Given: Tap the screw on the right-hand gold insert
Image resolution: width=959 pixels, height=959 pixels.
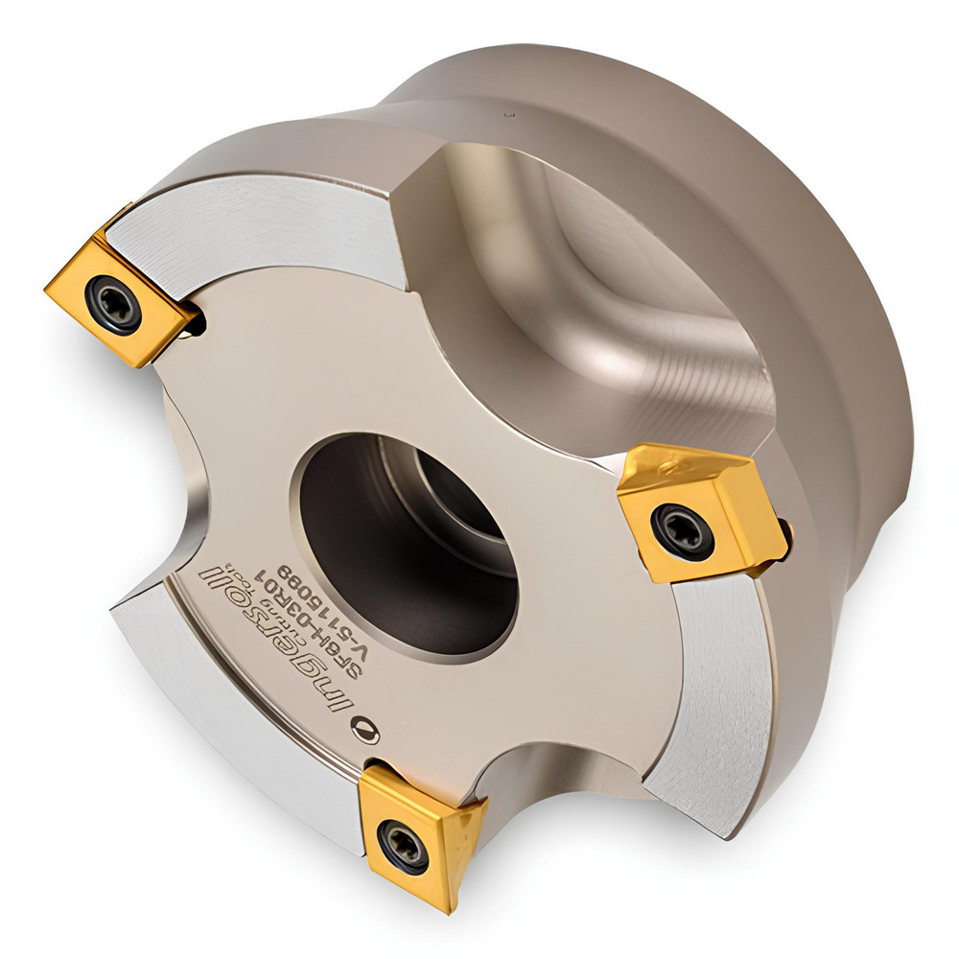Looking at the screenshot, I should click(x=682, y=528).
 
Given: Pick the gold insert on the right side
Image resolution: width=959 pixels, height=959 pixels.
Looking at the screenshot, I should click(x=700, y=508).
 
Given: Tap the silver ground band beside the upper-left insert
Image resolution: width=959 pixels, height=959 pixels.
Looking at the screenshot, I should click(x=259, y=230).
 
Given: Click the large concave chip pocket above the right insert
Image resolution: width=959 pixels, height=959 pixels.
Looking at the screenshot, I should click(x=595, y=288).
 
